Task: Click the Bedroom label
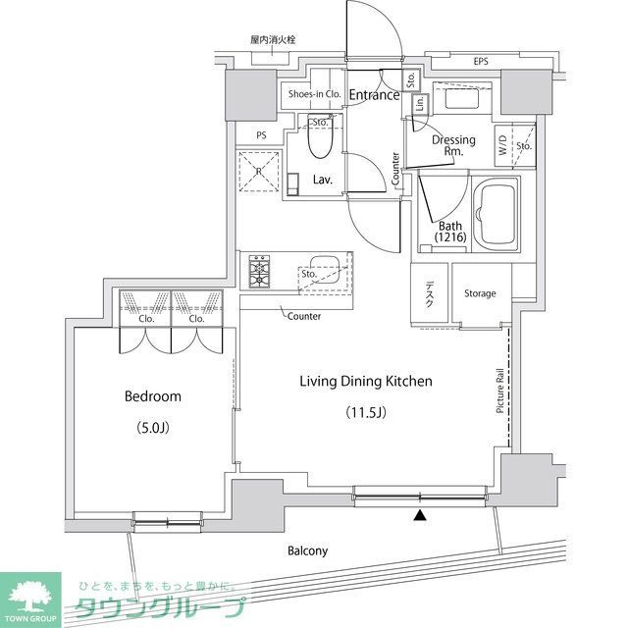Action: click(152, 396)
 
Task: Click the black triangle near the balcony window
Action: click(420, 515)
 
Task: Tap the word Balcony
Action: click(307, 550)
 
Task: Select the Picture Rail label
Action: click(499, 390)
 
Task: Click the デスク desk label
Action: click(430, 294)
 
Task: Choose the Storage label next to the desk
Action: click(480, 293)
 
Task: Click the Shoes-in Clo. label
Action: click(313, 95)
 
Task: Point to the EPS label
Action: click(481, 62)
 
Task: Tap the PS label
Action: click(261, 135)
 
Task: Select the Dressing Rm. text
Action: click(453, 145)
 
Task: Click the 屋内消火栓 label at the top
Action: click(273, 40)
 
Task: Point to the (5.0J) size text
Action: click(152, 427)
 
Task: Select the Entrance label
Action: click(374, 95)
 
